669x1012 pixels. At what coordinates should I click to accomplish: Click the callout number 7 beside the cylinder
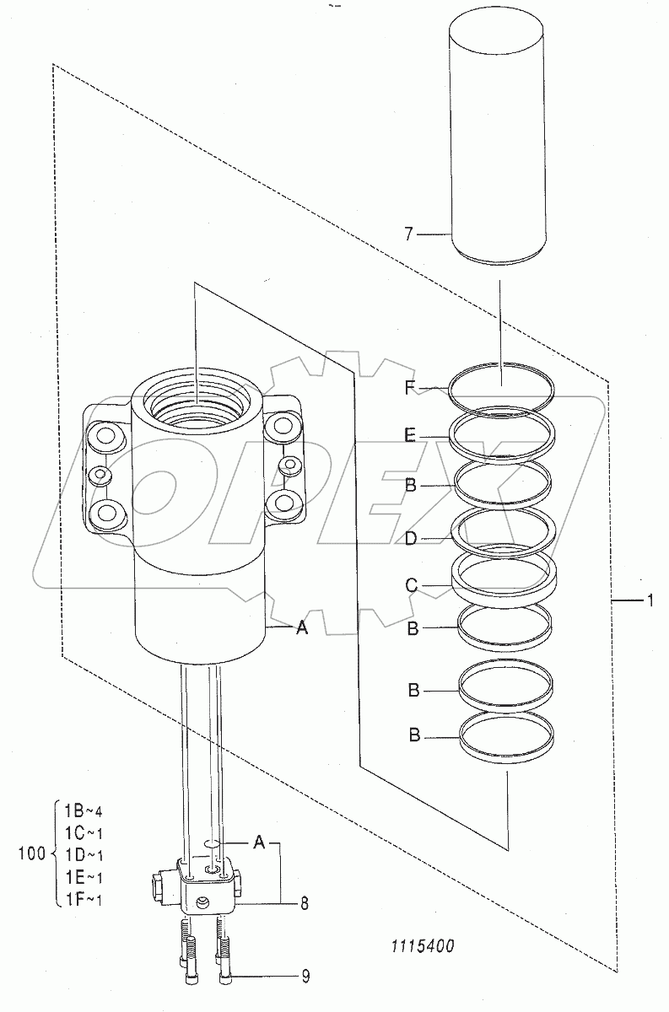(408, 234)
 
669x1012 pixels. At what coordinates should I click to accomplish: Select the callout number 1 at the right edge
(650, 600)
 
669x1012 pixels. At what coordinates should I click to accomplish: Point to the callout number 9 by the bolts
(305, 977)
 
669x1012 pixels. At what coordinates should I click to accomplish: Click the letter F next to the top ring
(409, 387)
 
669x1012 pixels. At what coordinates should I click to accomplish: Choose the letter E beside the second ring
(409, 436)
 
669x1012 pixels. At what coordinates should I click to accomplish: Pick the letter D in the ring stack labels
(411, 539)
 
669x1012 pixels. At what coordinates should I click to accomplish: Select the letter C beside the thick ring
(412, 586)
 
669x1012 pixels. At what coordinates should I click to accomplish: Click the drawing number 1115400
(423, 946)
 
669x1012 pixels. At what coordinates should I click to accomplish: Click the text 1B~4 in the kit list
(84, 811)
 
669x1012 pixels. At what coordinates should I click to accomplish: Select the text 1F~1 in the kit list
(84, 900)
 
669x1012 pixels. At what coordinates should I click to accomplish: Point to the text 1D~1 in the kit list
(84, 855)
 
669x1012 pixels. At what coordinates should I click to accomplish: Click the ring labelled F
(450, 388)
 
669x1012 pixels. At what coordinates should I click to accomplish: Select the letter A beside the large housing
(301, 627)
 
